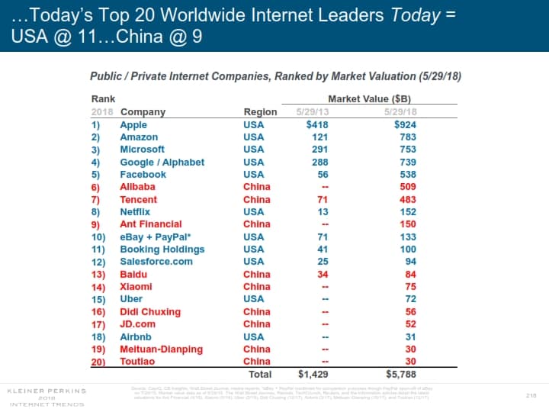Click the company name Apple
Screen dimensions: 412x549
[133, 124]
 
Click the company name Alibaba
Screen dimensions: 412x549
[137, 187]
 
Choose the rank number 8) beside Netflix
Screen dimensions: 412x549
[96, 211]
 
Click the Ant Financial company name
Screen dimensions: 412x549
[150, 224]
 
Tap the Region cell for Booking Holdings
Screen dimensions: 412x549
[253, 249]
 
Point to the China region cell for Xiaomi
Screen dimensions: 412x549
[256, 286]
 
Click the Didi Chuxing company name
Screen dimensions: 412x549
[150, 311]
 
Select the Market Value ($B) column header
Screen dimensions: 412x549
[369, 99]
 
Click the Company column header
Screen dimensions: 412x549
[143, 112]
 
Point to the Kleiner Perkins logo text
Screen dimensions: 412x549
[47, 390]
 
